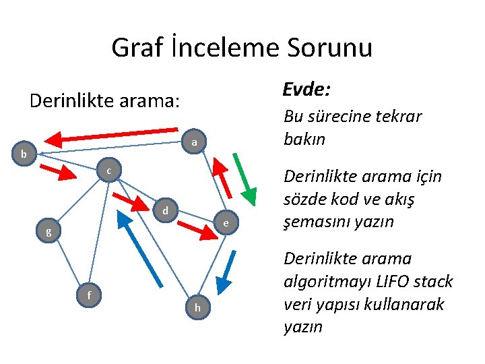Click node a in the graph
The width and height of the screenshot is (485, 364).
pyautogui.click(x=193, y=142)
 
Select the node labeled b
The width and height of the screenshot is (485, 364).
pyautogui.click(x=24, y=154)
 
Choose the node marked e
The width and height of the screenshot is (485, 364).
pyautogui.click(x=226, y=223)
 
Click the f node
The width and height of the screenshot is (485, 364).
pyautogui.click(x=89, y=294)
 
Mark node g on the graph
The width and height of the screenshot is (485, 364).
pyautogui.click(x=48, y=233)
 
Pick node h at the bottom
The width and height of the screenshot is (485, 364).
pyautogui.click(x=197, y=307)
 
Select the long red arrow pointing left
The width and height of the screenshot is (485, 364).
pyautogui.click(x=115, y=137)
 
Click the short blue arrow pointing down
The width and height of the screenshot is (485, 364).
pyautogui.click(x=229, y=274)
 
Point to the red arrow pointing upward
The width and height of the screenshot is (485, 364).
pyautogui.click(x=222, y=177)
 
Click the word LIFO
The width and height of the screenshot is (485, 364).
pyautogui.click(x=393, y=282)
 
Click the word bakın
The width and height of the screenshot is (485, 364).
pyautogui.click(x=304, y=140)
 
